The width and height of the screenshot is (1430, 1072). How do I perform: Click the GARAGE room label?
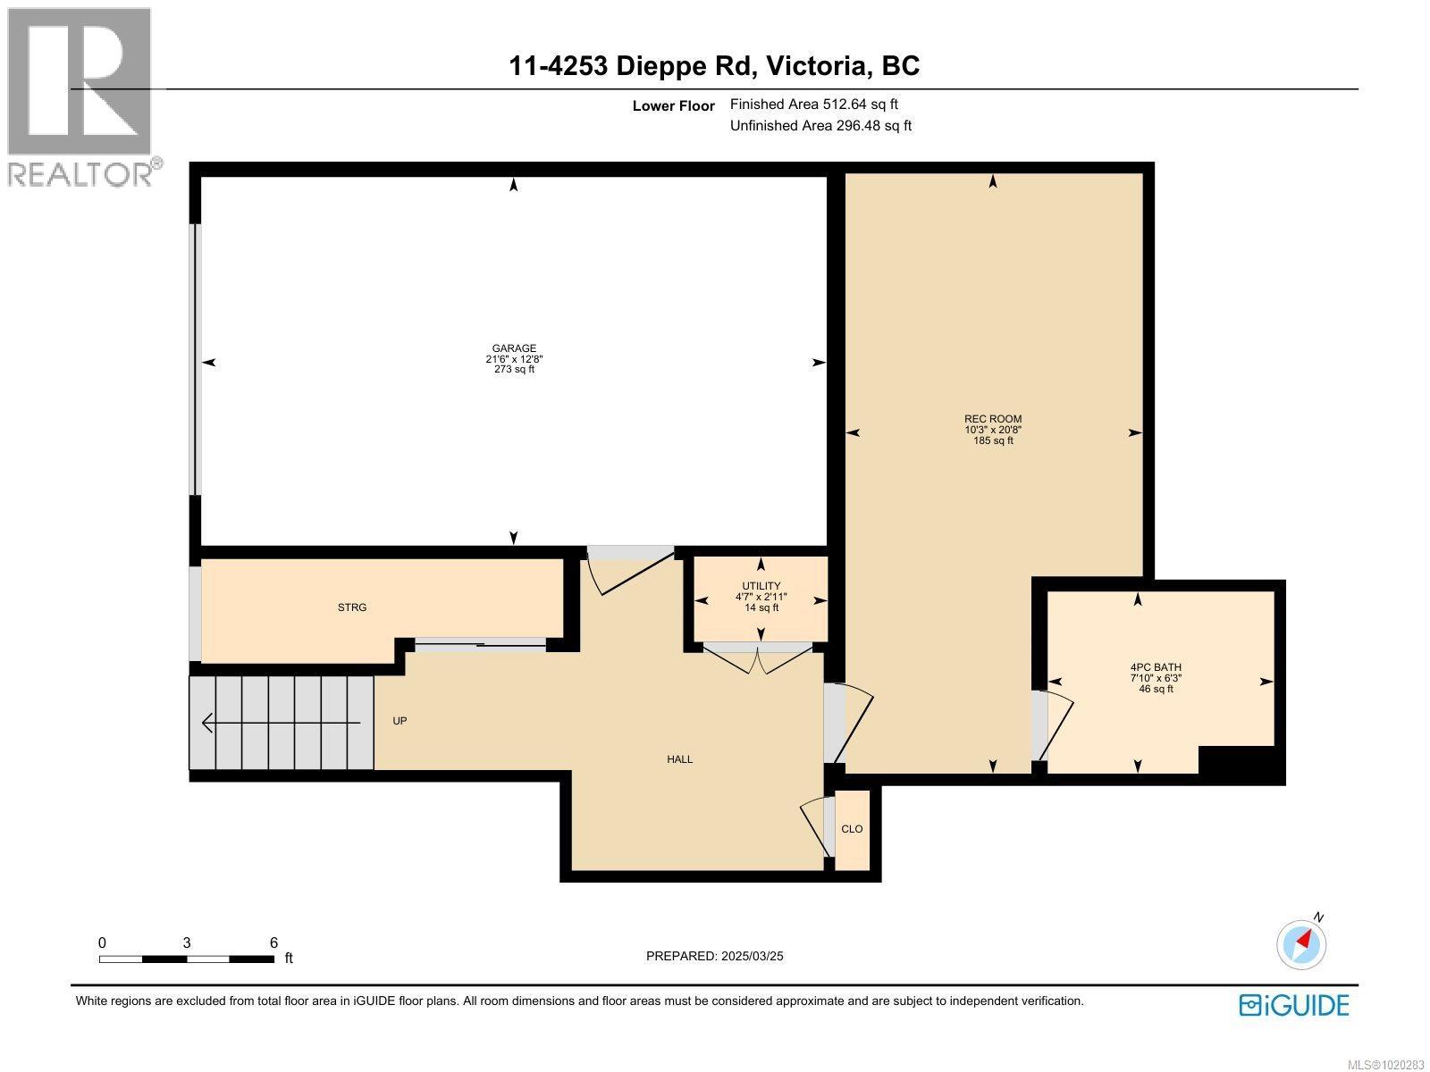tap(514, 348)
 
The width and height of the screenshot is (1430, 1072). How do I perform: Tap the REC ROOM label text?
tap(992, 419)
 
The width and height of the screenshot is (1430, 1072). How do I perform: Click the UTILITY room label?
tap(761, 586)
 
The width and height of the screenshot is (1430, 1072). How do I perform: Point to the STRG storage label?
tap(352, 607)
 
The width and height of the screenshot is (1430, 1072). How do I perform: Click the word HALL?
tap(679, 759)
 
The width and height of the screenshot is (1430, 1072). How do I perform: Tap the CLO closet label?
tap(852, 829)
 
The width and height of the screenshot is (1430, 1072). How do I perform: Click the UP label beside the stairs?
tap(400, 720)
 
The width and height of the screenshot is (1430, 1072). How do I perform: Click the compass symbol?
tap(1302, 942)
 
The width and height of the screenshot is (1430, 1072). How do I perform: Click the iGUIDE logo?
tap(1293, 1005)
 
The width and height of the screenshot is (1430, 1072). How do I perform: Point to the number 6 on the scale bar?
tap(273, 942)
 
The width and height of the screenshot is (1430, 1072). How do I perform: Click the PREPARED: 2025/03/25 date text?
tap(714, 956)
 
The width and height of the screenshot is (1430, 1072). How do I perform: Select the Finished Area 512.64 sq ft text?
tap(813, 105)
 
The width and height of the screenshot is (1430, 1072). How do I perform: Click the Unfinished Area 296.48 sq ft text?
tap(820, 126)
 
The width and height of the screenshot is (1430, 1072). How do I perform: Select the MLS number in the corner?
tap(1389, 1065)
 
